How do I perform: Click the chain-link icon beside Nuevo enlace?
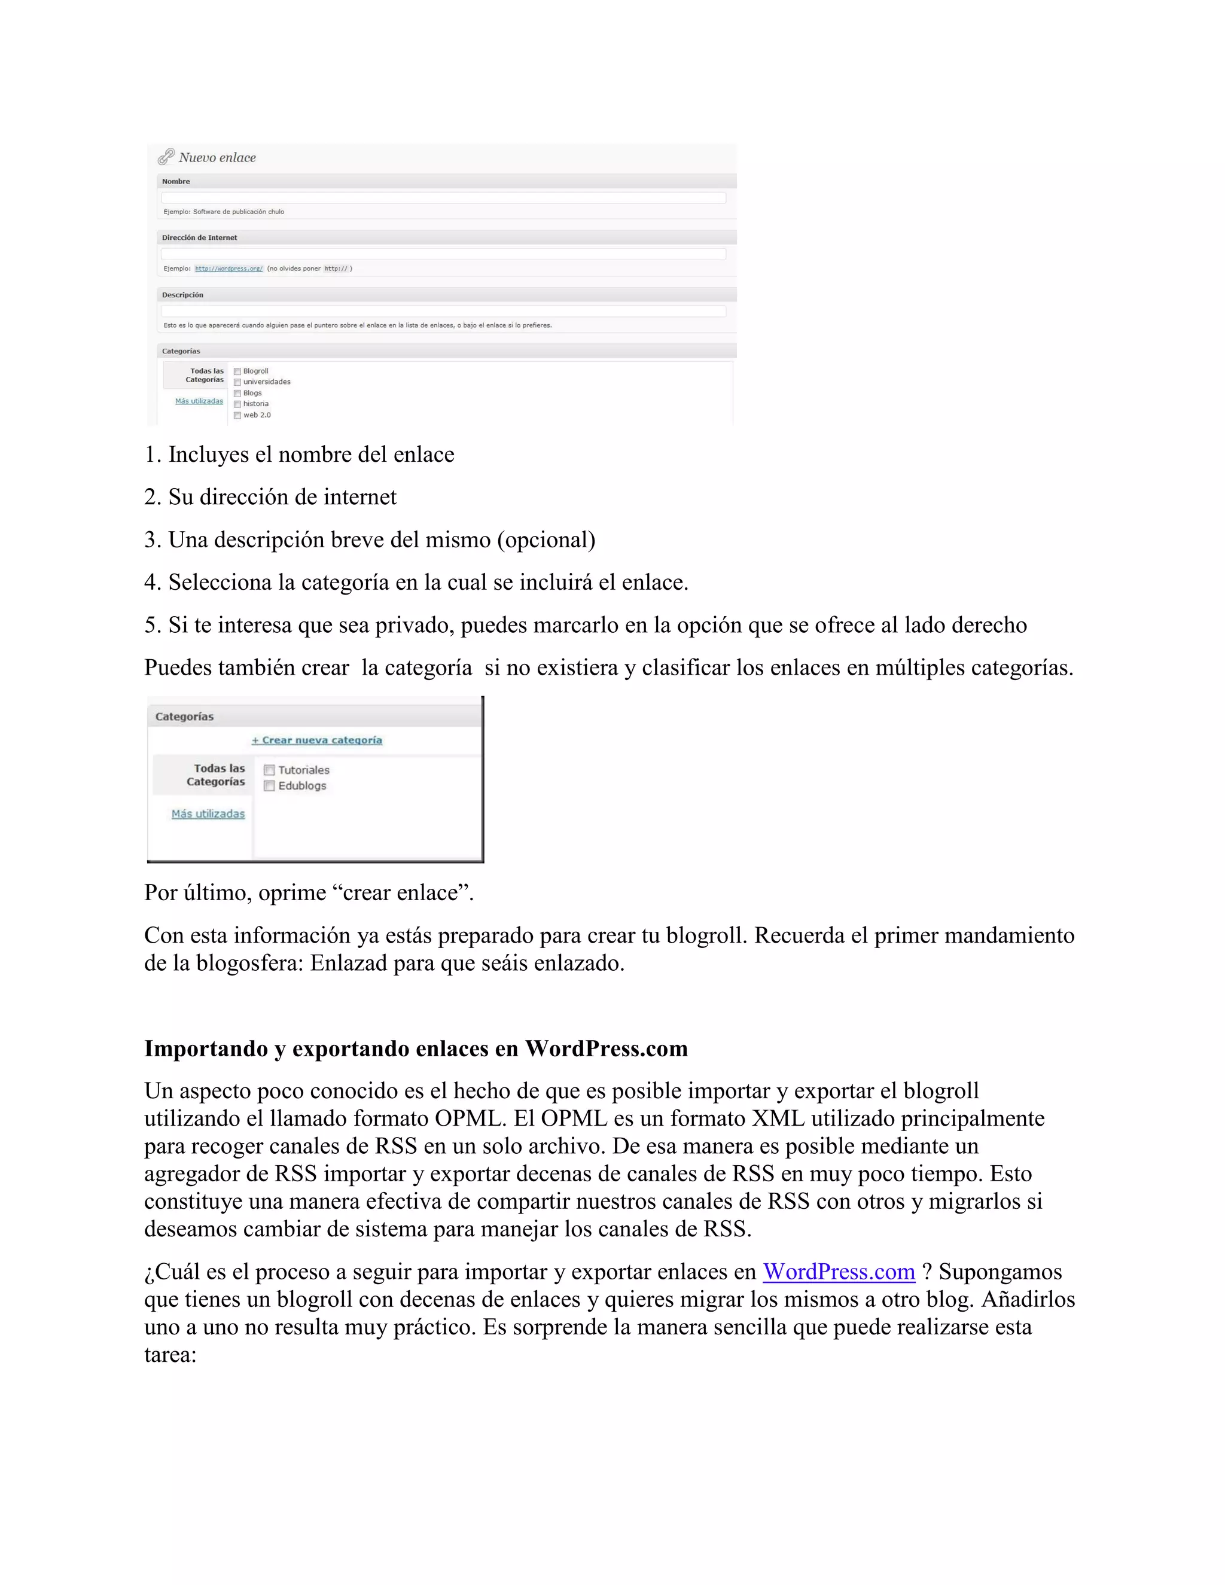(x=166, y=157)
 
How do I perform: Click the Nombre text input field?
(x=443, y=197)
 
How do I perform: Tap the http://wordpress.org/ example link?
(x=228, y=269)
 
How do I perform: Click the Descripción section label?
(x=183, y=295)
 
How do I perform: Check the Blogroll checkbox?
(x=237, y=371)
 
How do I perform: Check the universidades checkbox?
(x=237, y=382)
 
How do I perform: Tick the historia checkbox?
(x=237, y=404)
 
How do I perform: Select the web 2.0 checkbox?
(x=237, y=416)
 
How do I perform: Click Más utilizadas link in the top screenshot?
(x=199, y=401)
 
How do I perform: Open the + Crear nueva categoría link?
(x=316, y=740)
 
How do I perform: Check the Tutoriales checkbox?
(x=269, y=770)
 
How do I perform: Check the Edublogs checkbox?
(x=269, y=786)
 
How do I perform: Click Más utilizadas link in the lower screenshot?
(x=208, y=814)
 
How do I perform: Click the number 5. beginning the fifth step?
(x=153, y=625)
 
